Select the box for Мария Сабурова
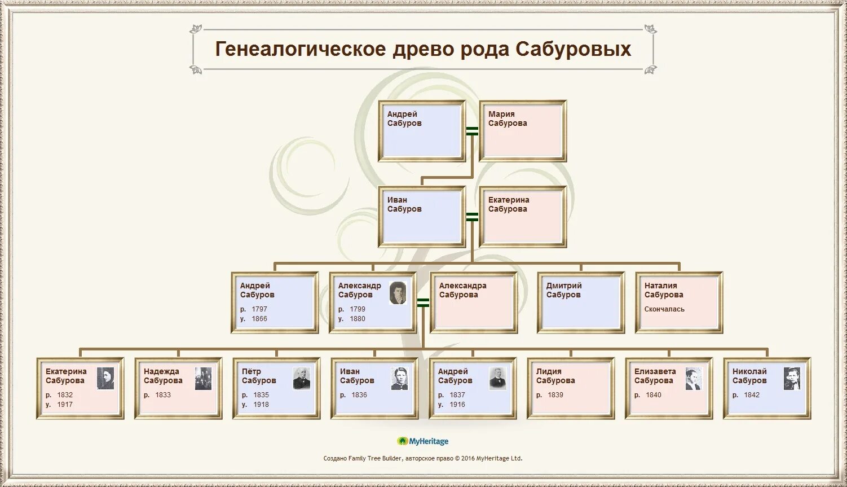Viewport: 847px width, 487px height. [x=523, y=131]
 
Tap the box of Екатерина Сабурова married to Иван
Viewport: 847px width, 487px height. [x=523, y=217]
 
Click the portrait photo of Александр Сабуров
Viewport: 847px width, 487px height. [x=398, y=293]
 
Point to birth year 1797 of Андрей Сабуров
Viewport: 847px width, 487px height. [x=259, y=309]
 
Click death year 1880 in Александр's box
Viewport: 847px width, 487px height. [x=358, y=319]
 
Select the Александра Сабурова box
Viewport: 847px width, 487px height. [x=474, y=302]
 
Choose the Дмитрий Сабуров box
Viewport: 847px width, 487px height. [x=581, y=302]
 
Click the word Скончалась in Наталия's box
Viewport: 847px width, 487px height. [x=664, y=309]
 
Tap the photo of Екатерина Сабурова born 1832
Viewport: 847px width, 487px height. [x=105, y=379]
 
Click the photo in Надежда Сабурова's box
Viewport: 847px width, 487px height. [x=204, y=379]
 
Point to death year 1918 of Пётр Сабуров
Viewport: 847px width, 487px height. [x=261, y=405]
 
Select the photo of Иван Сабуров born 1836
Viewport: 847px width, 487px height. [x=400, y=379]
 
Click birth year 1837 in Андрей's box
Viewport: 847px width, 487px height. [x=457, y=395]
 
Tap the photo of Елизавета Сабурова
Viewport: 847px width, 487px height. [x=694, y=379]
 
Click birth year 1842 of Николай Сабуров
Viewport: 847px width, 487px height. [x=752, y=395]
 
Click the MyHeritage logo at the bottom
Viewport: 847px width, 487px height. [x=423, y=441]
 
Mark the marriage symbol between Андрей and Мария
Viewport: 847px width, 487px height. [x=472, y=131]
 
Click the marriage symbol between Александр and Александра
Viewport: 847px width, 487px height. [x=423, y=302]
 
